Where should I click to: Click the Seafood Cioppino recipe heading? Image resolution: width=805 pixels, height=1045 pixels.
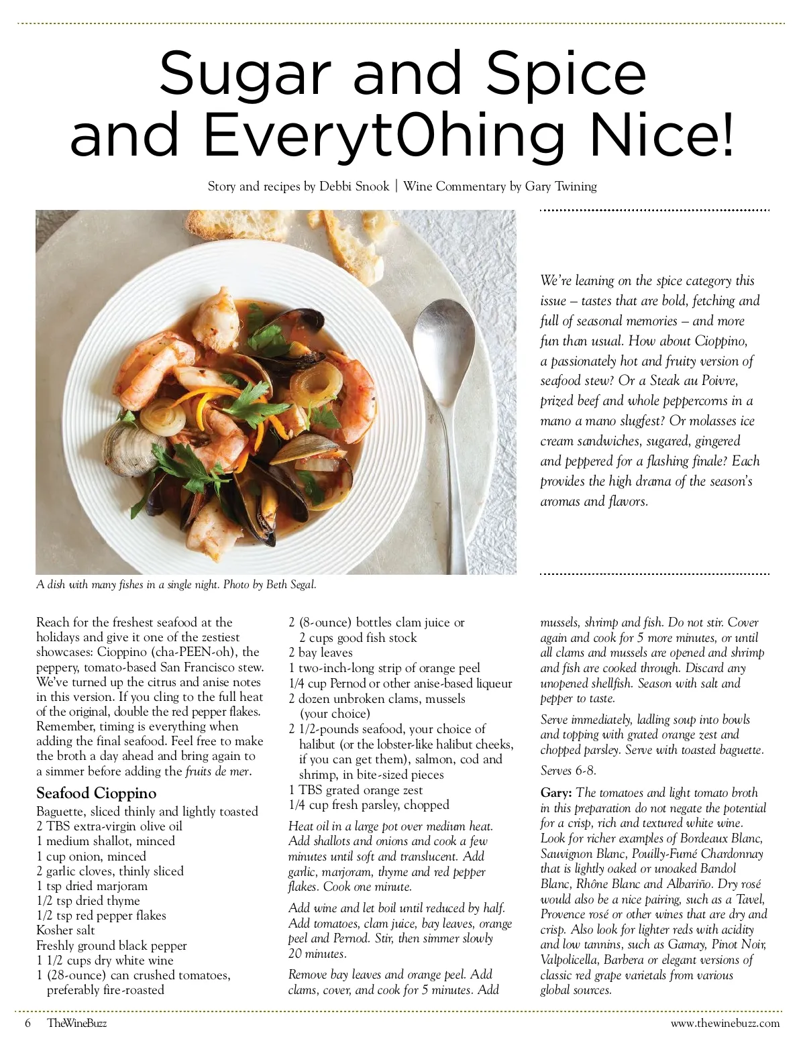pos(97,793)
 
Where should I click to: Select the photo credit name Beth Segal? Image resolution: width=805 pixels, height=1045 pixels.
pos(290,585)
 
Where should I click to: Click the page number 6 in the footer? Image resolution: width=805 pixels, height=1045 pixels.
pos(28,1023)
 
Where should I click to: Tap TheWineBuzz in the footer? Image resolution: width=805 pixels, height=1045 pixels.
pos(77,1023)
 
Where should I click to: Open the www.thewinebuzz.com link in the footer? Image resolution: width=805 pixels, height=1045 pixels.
pos(725,1023)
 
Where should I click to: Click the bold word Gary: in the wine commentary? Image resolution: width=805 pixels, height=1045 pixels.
pos(557,793)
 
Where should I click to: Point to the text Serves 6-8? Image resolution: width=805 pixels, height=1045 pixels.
pos(568,771)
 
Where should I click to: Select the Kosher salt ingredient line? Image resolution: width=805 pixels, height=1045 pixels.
pos(66,930)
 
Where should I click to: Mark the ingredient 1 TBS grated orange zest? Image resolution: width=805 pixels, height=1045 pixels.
pos(356,790)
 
